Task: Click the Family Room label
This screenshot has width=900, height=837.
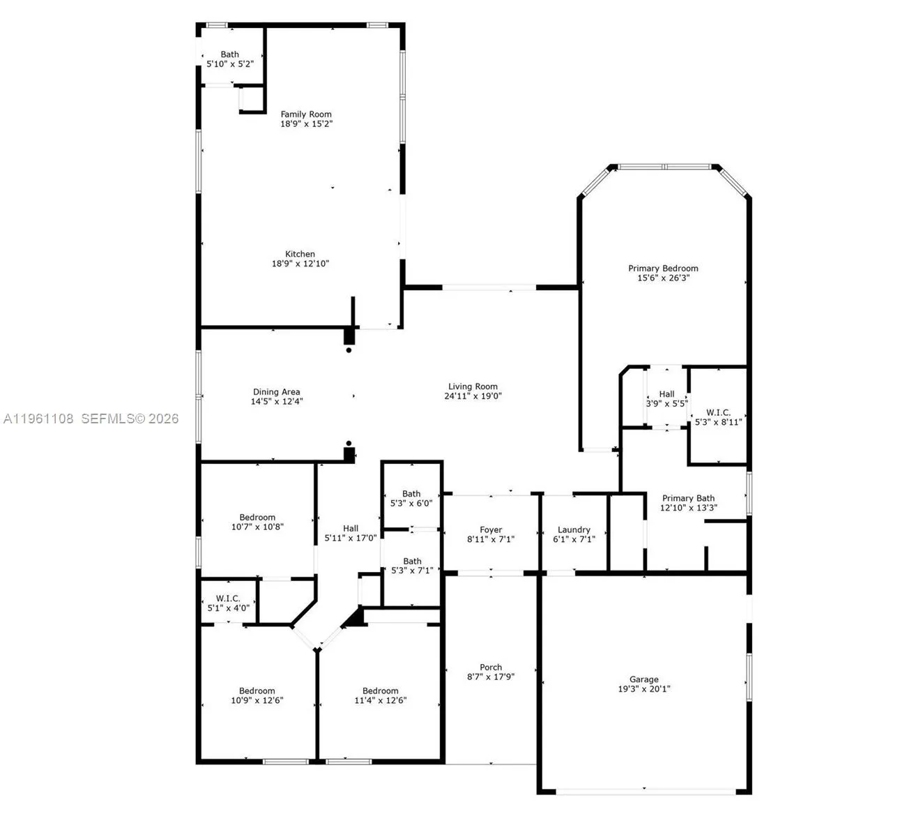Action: pos(306,114)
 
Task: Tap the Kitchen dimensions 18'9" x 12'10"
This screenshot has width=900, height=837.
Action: pos(300,264)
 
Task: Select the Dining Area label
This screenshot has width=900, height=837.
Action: pos(276,392)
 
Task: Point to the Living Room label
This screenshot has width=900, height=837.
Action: pos(473,386)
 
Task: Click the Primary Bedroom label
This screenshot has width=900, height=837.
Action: pos(663,269)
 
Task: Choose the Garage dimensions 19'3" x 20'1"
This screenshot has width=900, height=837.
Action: pos(644,689)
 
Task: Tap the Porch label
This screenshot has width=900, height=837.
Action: pos(491,668)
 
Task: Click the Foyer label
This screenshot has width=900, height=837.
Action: pos(491,530)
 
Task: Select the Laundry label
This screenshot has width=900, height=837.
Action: pos(574,530)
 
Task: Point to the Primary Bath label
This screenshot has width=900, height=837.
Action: pos(688,498)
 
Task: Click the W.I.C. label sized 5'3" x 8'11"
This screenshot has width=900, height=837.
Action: pos(718,413)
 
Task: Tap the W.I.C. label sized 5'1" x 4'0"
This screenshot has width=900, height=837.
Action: pos(228,598)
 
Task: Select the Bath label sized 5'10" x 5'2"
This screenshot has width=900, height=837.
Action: pos(229,54)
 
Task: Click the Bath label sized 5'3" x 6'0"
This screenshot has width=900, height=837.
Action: pos(411,494)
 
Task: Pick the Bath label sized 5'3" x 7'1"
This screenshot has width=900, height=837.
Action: pos(412,561)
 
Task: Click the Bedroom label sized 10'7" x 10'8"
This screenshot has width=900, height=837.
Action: pos(257,518)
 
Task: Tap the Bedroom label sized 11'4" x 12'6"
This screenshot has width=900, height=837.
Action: pos(380,691)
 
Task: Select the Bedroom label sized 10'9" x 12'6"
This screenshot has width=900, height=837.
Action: pos(257,691)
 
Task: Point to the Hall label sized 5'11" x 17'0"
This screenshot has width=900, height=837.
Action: pos(351,529)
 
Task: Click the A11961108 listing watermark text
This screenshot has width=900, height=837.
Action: pos(38,418)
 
